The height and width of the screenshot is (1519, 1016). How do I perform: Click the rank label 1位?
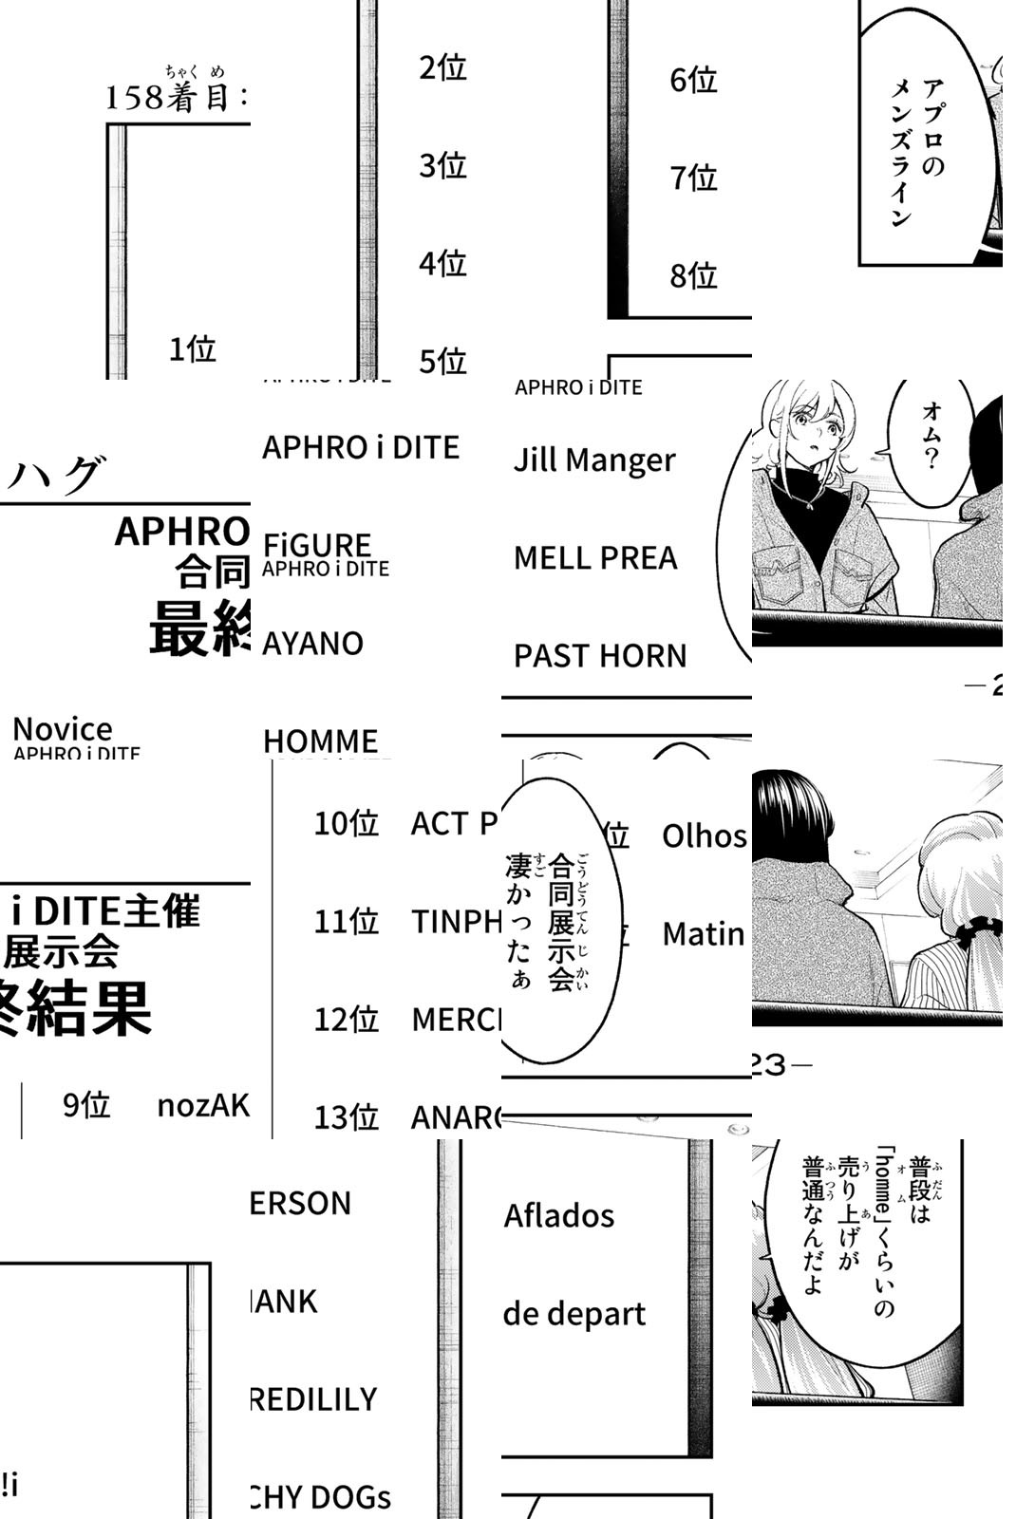(x=193, y=349)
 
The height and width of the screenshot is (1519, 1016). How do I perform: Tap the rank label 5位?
(x=443, y=361)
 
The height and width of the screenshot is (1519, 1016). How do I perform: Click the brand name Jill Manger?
(x=594, y=460)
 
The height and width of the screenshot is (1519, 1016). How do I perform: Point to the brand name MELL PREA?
(x=595, y=558)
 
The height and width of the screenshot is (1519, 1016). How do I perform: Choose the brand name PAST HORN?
(x=600, y=656)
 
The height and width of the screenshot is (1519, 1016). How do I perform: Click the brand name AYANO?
(x=313, y=644)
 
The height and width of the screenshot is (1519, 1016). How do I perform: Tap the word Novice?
(x=63, y=729)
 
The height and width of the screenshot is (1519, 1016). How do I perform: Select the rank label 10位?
(x=347, y=823)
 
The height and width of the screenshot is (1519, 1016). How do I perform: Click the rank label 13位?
(x=347, y=1117)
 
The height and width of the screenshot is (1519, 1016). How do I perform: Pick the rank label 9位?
(x=86, y=1105)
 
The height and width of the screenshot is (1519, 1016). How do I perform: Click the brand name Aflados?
(x=559, y=1215)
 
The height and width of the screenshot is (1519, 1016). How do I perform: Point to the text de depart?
(x=574, y=1314)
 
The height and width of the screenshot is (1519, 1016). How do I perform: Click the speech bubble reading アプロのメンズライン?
(x=917, y=152)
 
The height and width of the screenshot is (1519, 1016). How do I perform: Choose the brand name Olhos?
(x=704, y=836)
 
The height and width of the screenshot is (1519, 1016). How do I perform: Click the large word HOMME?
(x=321, y=741)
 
